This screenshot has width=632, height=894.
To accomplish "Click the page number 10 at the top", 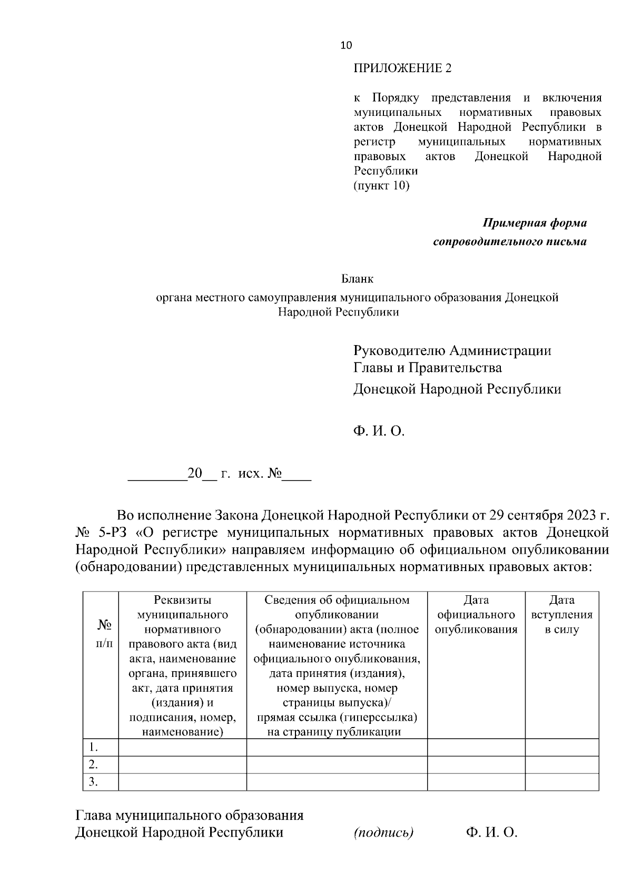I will click(347, 46).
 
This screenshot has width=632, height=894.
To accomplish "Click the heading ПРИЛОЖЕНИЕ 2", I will click(402, 68).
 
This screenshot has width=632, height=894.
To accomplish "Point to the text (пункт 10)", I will click(381, 185).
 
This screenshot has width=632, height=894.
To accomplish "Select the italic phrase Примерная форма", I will click(535, 223).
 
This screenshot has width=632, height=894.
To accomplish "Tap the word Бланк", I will click(357, 279).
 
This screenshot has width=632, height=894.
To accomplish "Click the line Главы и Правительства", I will click(427, 368).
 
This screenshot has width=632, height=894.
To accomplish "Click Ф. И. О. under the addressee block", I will click(379, 432).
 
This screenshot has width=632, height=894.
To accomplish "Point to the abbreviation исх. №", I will click(260, 474).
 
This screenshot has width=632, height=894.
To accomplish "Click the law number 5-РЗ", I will click(108, 533).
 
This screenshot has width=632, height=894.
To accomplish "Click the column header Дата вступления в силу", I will click(561, 615).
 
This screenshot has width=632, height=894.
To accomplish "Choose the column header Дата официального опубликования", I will click(476, 615).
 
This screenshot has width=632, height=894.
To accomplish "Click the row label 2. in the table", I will click(93, 764).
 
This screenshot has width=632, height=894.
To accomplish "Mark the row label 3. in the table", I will click(93, 782).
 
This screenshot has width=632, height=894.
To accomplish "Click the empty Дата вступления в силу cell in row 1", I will click(561, 747).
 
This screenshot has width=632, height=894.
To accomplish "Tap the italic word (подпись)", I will click(383, 833).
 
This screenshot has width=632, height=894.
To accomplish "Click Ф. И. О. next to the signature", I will click(492, 833).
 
